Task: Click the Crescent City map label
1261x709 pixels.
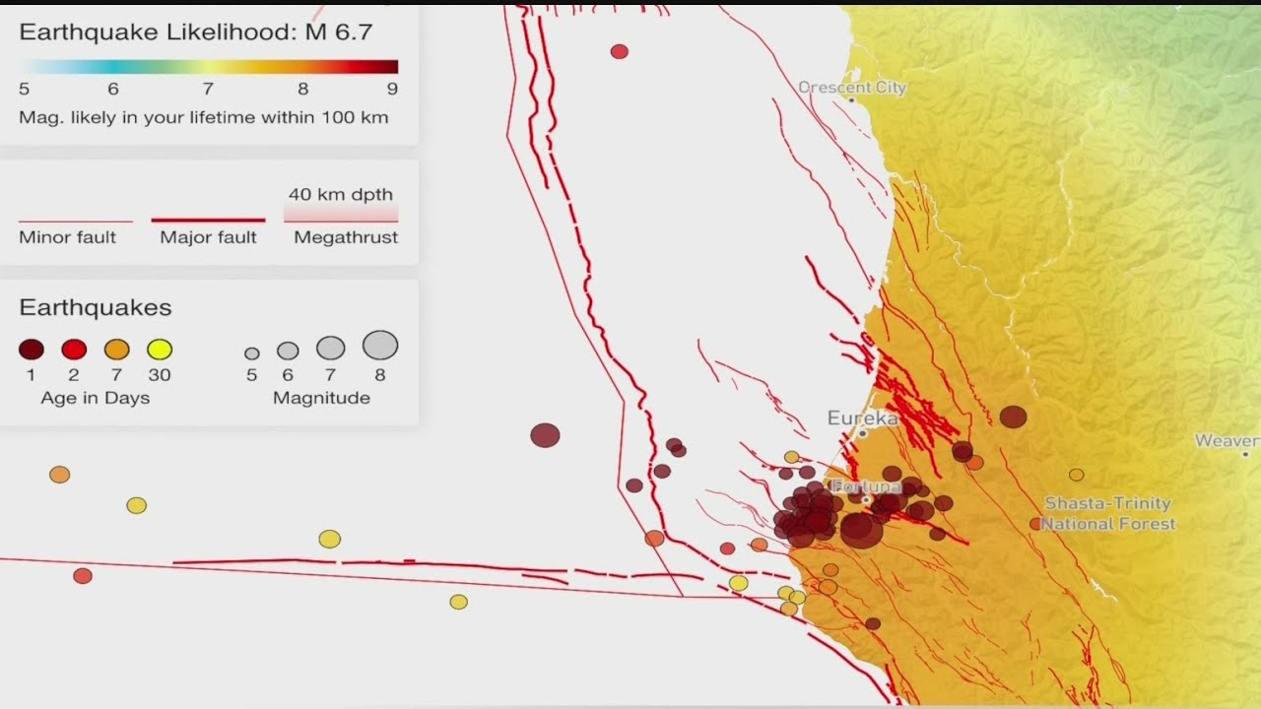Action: [852, 87]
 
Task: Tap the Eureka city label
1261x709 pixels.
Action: [862, 419]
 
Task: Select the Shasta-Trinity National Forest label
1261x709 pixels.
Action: [1108, 514]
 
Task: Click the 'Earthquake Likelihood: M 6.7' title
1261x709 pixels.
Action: [195, 32]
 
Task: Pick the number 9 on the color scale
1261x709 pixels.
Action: [392, 90]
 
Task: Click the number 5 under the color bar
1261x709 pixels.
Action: [24, 90]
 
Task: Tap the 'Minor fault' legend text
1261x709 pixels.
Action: [67, 237]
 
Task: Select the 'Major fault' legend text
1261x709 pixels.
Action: [208, 237]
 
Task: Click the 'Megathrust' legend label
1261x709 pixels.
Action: [346, 237]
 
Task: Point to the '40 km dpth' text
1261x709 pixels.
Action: [341, 195]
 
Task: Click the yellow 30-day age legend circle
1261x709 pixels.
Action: [160, 350]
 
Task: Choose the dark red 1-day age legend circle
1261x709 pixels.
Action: [32, 350]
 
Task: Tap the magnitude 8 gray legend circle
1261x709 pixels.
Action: [380, 346]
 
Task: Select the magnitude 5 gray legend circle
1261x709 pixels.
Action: [252, 354]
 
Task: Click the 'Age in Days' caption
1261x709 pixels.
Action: [96, 398]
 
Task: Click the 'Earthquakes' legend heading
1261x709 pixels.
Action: [96, 308]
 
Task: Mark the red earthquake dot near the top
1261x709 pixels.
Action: [619, 51]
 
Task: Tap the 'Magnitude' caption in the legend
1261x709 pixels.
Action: [321, 398]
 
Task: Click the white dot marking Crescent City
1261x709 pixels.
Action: [851, 100]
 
